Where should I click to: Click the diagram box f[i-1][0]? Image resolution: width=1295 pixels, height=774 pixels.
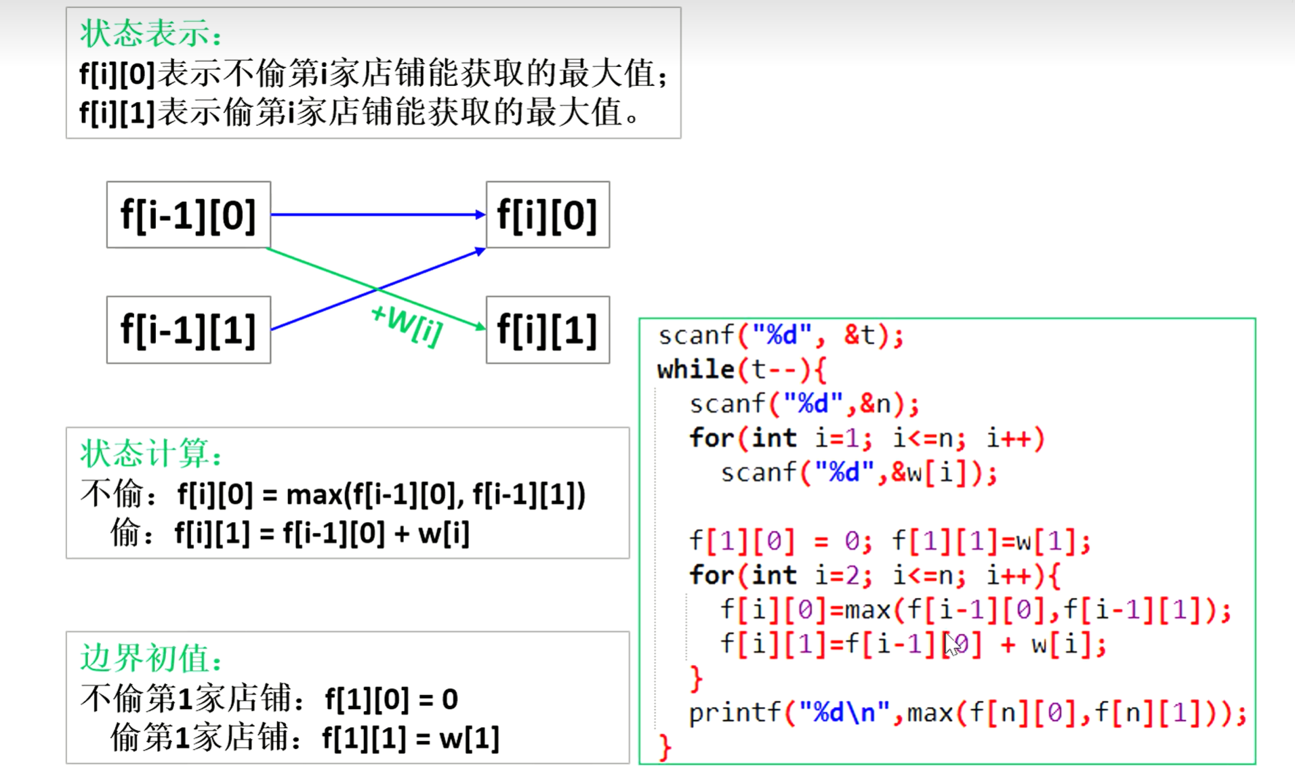(x=188, y=215)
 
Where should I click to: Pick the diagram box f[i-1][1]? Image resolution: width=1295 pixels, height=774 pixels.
(x=188, y=330)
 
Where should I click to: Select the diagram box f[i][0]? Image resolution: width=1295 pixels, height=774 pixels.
(x=548, y=215)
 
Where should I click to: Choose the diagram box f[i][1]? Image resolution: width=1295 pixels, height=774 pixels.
(x=548, y=330)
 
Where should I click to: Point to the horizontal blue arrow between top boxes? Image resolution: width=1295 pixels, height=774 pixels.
(x=377, y=215)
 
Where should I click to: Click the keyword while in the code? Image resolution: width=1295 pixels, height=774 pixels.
(x=695, y=370)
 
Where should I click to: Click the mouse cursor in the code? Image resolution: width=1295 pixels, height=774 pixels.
(x=952, y=644)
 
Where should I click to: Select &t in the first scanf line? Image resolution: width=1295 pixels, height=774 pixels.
(x=860, y=335)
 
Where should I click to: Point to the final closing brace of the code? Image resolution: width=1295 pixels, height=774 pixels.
(x=665, y=748)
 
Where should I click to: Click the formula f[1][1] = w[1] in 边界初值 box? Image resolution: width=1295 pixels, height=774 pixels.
(x=411, y=738)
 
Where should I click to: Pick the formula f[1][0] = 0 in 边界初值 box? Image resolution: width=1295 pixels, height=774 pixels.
(x=391, y=699)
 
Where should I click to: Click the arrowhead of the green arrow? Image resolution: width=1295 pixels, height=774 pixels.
(x=481, y=327)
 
